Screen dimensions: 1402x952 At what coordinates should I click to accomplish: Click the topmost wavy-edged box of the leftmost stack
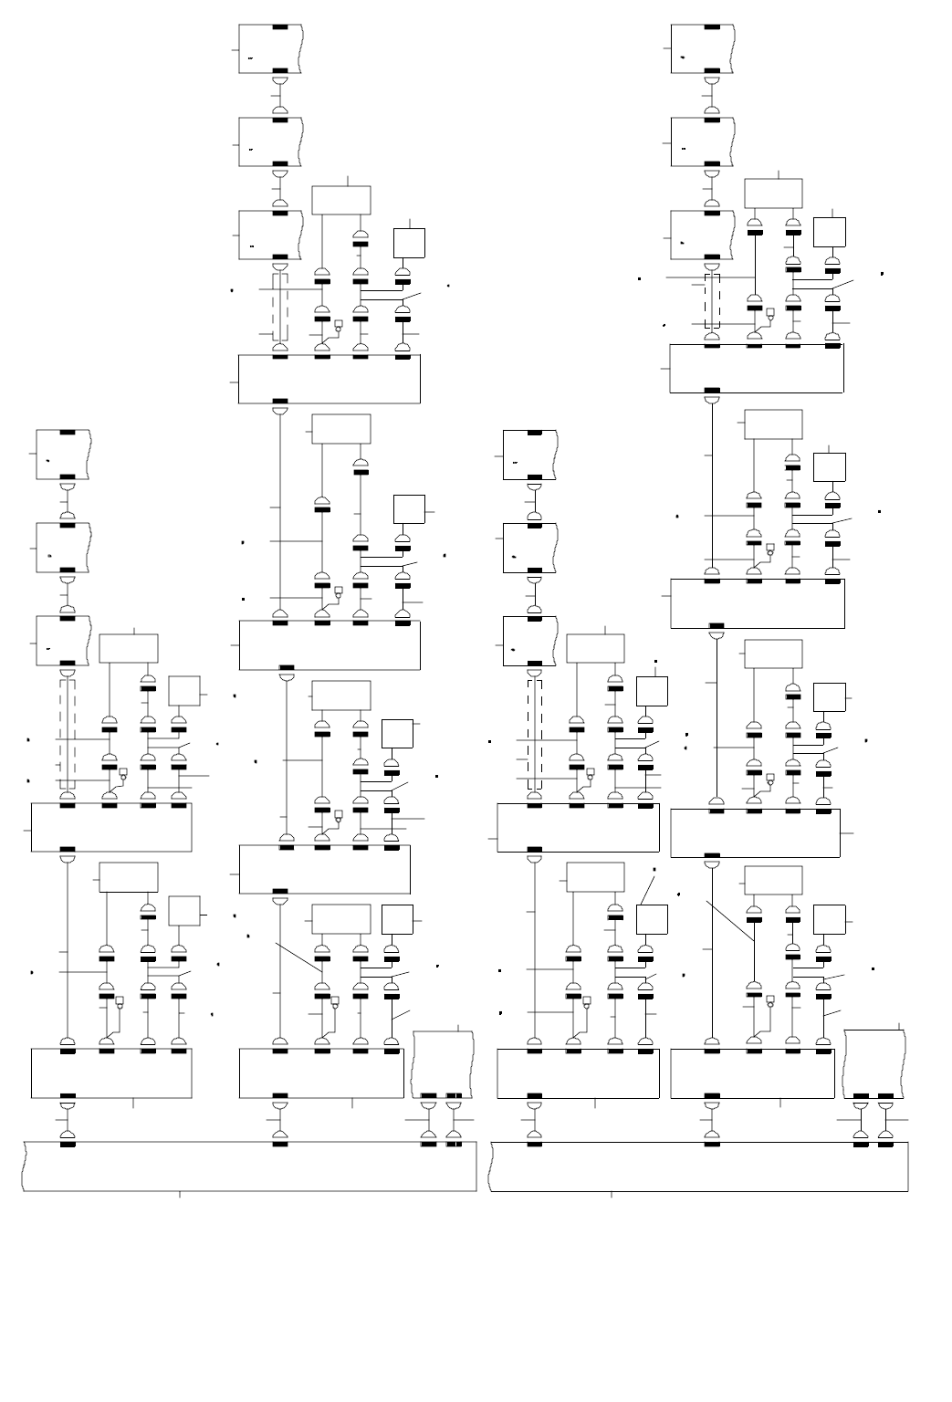[x=62, y=455]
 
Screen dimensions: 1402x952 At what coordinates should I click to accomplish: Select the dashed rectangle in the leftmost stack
[x=68, y=734]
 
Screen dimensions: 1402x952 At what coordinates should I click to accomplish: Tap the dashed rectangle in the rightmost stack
[x=712, y=300]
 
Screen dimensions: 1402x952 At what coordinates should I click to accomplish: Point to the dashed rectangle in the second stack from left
[x=280, y=308]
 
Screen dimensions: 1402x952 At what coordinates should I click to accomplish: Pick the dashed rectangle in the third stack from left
[x=535, y=734]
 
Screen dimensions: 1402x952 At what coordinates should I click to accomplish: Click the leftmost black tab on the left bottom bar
[x=68, y=1145]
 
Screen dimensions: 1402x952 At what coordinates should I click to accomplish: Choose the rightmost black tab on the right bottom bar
[x=884, y=1145]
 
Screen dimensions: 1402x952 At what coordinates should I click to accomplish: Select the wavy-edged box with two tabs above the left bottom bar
[x=443, y=1063]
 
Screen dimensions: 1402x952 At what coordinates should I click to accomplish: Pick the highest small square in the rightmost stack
[x=830, y=232]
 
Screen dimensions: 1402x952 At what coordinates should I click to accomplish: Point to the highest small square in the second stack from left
[x=410, y=243]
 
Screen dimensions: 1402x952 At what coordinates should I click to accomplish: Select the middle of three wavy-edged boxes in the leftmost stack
[x=62, y=548]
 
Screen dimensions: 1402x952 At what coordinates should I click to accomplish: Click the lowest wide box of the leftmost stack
[x=111, y=1073]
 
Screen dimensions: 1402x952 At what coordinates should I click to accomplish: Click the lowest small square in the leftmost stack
[x=184, y=911]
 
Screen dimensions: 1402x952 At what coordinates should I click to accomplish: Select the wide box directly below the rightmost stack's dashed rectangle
[x=757, y=369]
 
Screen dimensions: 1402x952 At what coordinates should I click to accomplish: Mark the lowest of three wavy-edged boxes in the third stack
[x=529, y=641]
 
